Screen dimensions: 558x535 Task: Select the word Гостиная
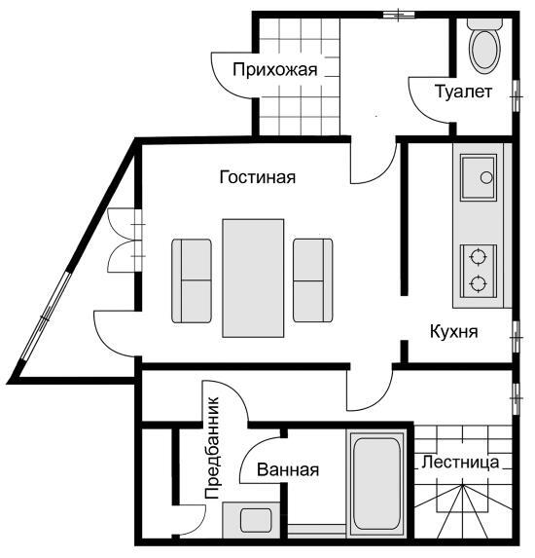click(x=257, y=177)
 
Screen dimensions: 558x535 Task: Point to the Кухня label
click(x=453, y=330)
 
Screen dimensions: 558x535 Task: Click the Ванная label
click(x=288, y=469)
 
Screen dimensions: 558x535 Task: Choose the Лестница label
click(x=461, y=462)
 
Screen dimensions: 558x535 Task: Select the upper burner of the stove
click(x=477, y=258)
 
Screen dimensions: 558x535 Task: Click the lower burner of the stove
click(x=477, y=284)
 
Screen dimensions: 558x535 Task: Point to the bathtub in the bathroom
click(x=376, y=481)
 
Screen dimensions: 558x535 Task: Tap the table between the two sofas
click(x=253, y=276)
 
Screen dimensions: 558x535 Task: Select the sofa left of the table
click(x=192, y=279)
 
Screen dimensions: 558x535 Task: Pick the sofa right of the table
click(x=313, y=279)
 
